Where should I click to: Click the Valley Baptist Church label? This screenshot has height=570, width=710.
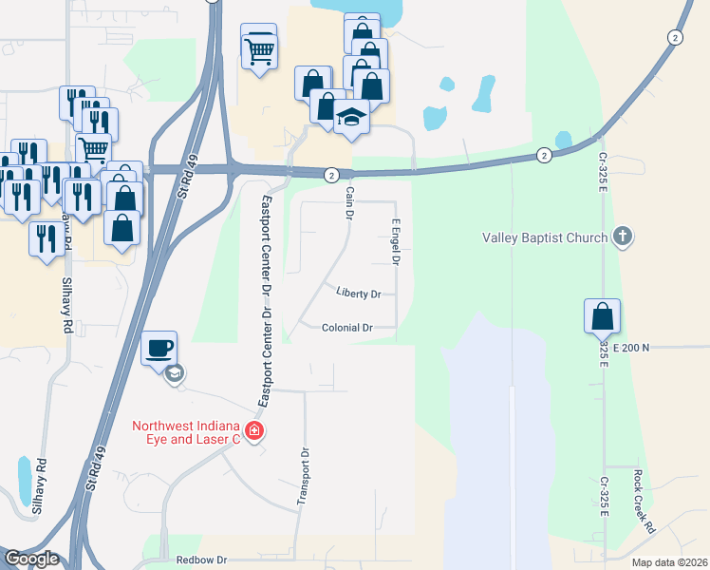coord(544,237)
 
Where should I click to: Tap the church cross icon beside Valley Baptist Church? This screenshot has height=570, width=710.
coord(623,236)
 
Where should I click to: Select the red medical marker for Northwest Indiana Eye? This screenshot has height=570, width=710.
coord(253,432)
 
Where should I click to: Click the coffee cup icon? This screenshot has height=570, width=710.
coord(159,347)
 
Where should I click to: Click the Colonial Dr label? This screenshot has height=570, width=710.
coord(346,327)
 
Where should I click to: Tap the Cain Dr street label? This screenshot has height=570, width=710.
coord(349,202)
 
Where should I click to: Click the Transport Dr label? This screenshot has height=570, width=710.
coord(304,477)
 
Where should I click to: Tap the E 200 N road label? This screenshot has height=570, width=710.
coord(631,348)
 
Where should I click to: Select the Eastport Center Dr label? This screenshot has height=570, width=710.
coord(267,256)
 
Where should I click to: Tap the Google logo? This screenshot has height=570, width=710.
coord(30,559)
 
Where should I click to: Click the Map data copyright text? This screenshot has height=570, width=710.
coord(668,562)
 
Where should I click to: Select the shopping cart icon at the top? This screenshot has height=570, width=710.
coord(258,47)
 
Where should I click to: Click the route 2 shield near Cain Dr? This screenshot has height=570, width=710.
coord(331,175)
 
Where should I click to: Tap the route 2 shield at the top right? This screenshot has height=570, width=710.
coord(674,37)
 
